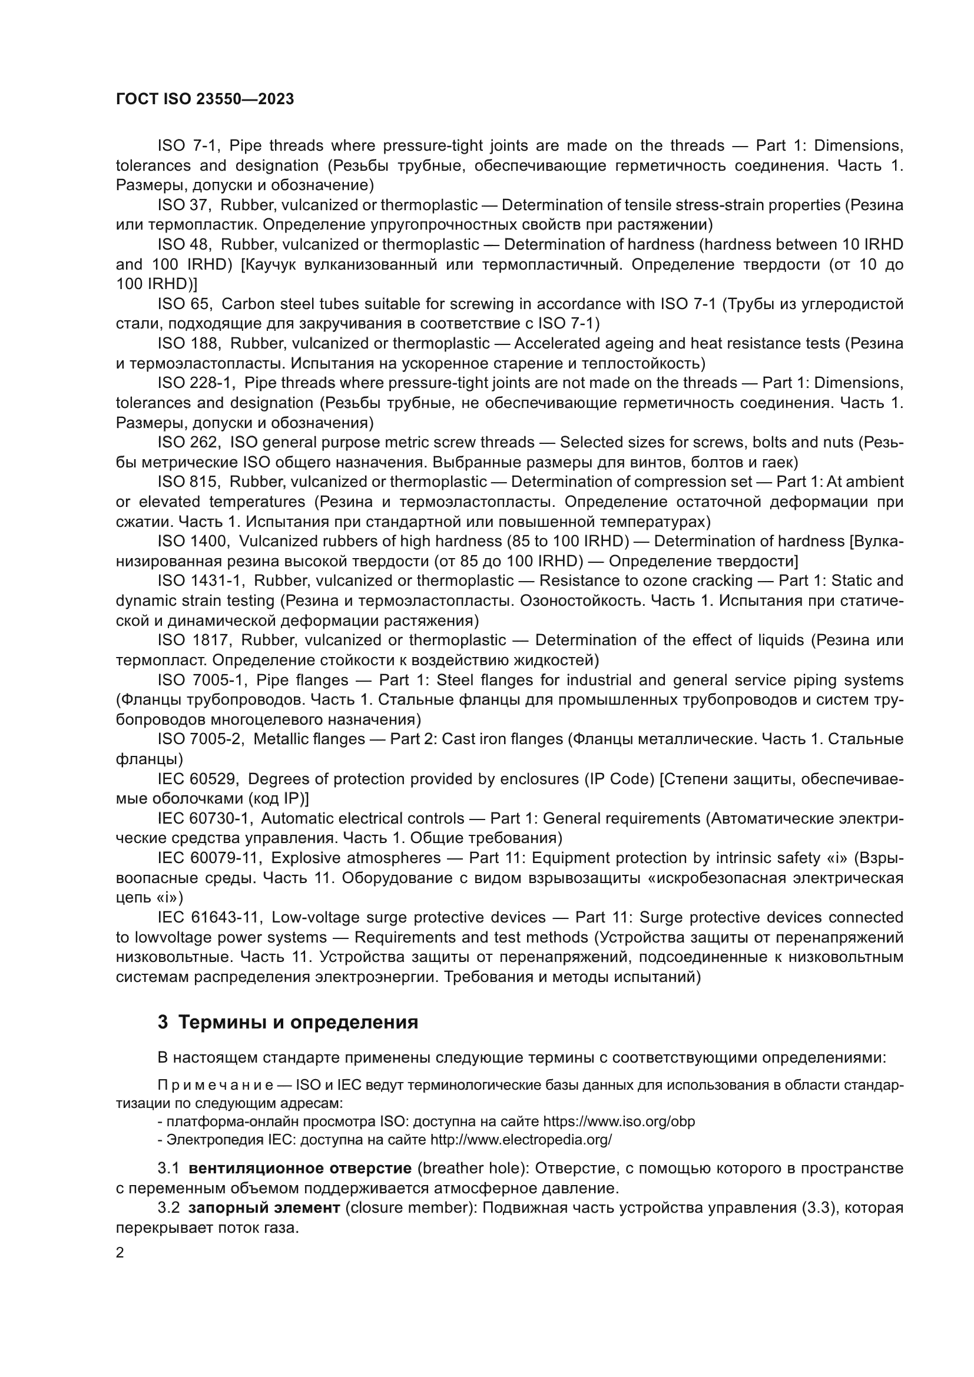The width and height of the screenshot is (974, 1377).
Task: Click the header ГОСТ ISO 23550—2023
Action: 204,99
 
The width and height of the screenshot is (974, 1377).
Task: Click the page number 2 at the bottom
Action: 120,1253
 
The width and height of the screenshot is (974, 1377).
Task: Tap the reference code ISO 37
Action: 183,205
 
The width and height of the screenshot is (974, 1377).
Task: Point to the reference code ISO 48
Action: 183,245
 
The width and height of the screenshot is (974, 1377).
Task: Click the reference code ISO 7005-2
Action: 200,739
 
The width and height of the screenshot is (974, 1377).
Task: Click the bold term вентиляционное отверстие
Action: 300,1168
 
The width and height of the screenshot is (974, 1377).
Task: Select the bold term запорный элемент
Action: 268,1208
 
